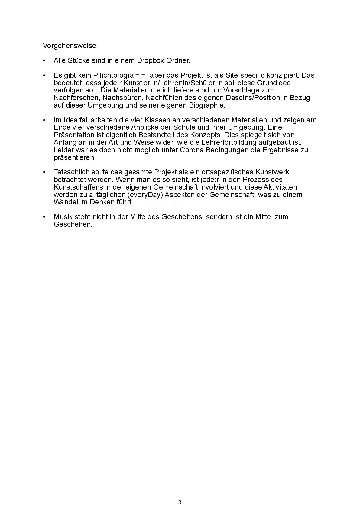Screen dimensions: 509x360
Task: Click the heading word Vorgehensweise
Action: coord(70,46)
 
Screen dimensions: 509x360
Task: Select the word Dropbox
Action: coord(150,60)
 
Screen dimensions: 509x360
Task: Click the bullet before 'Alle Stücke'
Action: coord(44,61)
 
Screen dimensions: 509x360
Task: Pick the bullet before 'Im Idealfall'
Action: coord(44,120)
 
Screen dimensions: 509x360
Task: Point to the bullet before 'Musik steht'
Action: coord(44,217)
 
